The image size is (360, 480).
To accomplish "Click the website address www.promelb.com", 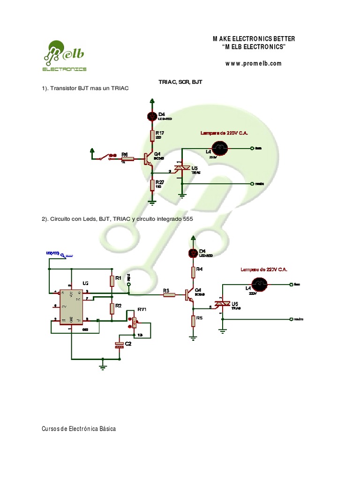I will pyautogui.click(x=253, y=64).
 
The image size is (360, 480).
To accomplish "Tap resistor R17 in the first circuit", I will pyautogui.click(x=151, y=136).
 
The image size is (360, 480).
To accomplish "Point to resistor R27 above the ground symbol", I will pyautogui.click(x=151, y=185).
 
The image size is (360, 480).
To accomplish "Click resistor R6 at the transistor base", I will pyautogui.click(x=128, y=158).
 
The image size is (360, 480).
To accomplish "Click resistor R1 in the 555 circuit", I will pyautogui.click(x=112, y=281).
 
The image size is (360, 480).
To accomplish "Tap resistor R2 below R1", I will pyautogui.click(x=112, y=308).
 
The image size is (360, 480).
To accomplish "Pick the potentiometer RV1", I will pyautogui.click(x=135, y=322).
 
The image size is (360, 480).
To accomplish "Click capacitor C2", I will pyautogui.click(x=120, y=345).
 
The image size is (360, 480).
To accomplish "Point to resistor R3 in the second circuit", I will pyautogui.click(x=169, y=295).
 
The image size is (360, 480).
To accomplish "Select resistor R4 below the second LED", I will pyautogui.click(x=192, y=272).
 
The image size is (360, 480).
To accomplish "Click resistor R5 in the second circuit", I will pyautogui.click(x=192, y=321).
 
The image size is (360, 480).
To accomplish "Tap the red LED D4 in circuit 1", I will pyautogui.click(x=151, y=116).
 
